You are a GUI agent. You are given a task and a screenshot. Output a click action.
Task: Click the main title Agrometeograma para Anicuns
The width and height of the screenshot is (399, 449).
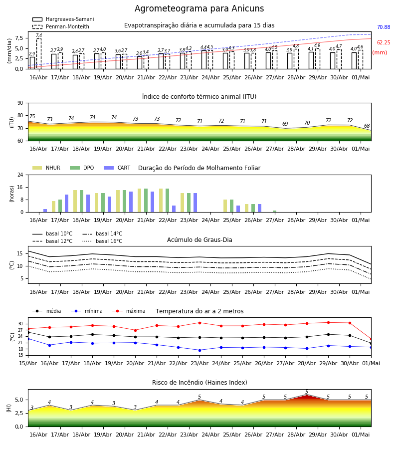(199, 8)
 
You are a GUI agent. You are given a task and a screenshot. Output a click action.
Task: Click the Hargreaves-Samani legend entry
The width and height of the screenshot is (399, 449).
(63, 19)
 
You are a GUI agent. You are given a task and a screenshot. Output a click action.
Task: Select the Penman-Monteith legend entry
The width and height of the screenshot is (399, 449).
(61, 26)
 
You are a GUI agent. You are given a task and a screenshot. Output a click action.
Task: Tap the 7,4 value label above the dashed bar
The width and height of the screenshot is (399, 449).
(39, 35)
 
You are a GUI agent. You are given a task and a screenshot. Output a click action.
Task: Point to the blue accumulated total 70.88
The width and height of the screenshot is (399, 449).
(384, 27)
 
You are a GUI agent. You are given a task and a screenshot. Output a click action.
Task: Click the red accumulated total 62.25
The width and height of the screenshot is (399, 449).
(384, 43)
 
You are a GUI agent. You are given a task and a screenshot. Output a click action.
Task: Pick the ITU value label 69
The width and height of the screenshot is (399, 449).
(285, 124)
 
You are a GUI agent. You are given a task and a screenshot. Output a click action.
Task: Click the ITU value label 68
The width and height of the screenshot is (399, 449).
(367, 126)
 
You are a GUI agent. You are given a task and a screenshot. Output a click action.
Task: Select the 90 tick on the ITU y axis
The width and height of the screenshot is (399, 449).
(20, 103)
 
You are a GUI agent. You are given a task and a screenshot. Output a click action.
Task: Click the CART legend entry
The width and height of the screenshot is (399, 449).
(117, 168)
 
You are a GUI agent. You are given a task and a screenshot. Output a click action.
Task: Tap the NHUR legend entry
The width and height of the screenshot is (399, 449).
(46, 168)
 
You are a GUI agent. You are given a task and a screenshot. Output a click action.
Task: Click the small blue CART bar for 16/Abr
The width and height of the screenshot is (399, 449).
(45, 211)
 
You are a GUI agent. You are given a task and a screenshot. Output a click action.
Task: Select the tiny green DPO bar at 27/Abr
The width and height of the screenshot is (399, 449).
(274, 212)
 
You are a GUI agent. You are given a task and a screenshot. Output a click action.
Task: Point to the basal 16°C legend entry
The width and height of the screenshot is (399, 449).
(102, 241)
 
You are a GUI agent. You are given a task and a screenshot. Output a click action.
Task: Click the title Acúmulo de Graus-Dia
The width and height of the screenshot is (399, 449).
(199, 240)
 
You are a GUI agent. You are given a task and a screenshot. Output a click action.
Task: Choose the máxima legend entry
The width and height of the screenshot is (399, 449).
(129, 311)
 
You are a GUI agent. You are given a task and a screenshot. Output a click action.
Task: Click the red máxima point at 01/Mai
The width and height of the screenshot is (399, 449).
(371, 339)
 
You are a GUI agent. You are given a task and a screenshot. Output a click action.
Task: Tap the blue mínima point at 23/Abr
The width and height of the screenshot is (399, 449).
(200, 350)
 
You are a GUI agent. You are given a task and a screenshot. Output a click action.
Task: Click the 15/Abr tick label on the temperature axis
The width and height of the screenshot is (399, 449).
(28, 363)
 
